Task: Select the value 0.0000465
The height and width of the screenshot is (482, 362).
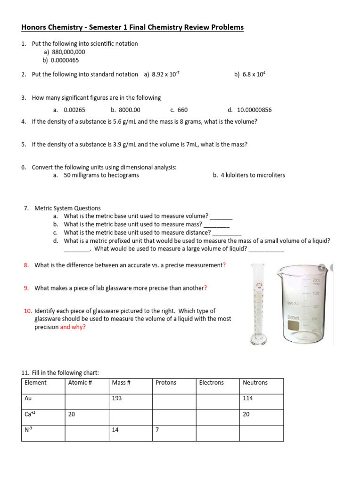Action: point(65,60)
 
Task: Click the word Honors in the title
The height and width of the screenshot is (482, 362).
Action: point(35,27)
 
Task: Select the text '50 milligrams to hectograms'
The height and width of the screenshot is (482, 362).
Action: point(101,175)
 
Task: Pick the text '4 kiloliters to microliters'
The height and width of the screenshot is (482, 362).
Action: point(253,175)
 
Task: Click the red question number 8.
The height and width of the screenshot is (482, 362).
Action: point(26,265)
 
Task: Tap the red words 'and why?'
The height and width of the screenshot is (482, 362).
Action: point(73,327)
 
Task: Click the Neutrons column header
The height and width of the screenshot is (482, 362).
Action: point(255,383)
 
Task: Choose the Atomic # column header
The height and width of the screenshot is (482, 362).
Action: point(80,383)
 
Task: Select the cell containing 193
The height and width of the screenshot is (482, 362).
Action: point(117,398)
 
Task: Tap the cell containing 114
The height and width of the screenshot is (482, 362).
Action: point(248,398)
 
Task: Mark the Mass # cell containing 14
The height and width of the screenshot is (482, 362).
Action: point(115,430)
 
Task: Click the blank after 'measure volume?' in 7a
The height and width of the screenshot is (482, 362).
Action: point(221,217)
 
